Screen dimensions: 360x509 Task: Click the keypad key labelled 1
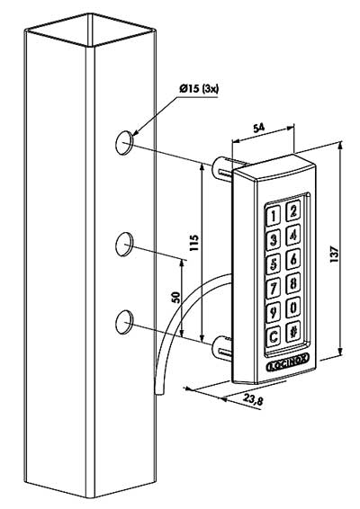point(274,216)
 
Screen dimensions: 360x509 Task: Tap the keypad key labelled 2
point(292,210)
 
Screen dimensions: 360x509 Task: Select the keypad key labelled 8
point(292,283)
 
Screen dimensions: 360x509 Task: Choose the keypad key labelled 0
point(292,307)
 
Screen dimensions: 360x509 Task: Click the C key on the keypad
point(274,336)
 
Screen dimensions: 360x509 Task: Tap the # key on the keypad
point(292,332)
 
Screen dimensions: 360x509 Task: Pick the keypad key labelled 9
point(274,312)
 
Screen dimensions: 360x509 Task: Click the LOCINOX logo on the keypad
point(288,364)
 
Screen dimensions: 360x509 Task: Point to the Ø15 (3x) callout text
point(199,88)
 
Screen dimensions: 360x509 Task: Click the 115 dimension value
point(194,243)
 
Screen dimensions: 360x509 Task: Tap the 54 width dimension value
point(258,129)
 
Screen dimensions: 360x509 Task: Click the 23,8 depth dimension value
point(253,399)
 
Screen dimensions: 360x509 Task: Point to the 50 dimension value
point(175,298)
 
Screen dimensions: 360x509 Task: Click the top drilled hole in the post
point(124,142)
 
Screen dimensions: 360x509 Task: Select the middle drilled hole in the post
point(124,244)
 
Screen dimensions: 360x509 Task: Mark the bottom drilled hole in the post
point(124,322)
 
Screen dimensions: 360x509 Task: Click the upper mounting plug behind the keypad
point(223,168)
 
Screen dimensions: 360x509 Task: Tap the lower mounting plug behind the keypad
point(222,349)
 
